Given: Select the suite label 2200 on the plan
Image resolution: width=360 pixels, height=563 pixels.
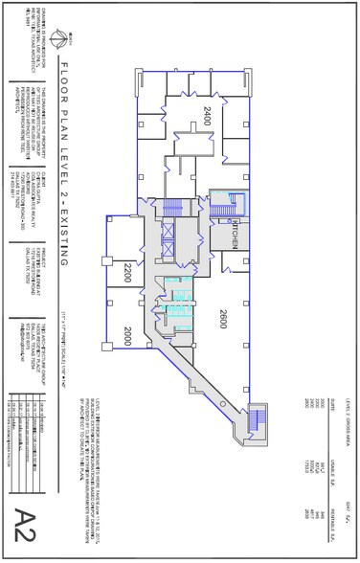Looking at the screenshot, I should click(125, 278).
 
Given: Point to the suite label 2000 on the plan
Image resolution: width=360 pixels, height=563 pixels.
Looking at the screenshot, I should click(125, 334).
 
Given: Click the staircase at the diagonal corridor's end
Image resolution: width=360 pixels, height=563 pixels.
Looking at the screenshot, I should click(256, 421).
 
